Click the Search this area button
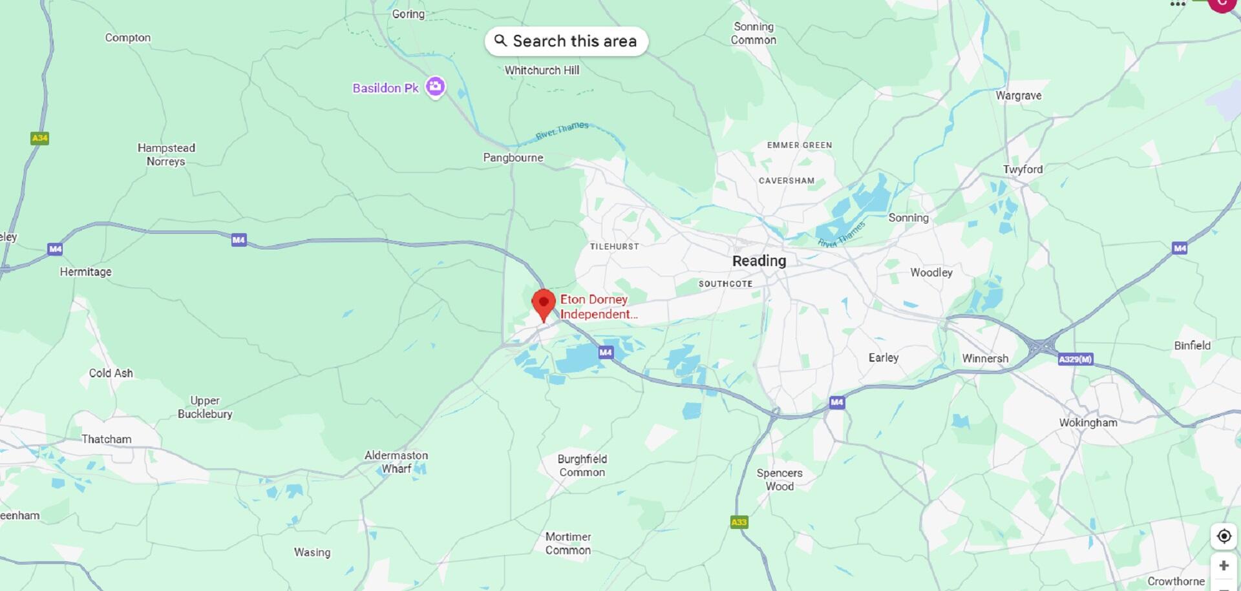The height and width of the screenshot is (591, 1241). pos(566,41)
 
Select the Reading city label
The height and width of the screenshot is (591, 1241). pos(759,261)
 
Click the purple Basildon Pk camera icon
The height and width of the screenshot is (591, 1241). pos(436,87)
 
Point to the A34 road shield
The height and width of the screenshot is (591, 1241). pos(39,138)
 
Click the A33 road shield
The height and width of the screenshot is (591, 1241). pos(739,522)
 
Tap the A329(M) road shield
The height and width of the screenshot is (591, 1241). pos(1076,359)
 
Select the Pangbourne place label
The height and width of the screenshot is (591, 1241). pos(513,158)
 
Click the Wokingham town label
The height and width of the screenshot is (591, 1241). pos(1088,422)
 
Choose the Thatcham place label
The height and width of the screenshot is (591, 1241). pos(106,439)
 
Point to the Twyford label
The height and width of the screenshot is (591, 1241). pos(1023,169)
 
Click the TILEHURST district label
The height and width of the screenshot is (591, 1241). pos(614,247)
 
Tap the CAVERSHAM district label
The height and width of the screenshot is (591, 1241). pos(786,181)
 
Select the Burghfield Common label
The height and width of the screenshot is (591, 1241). pos(582,466)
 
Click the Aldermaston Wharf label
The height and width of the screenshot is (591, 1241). pos(396,462)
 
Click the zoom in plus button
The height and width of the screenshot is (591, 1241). pos(1224,566)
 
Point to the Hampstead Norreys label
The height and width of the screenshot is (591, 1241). pos(166,154)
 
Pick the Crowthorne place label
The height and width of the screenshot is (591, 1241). pos(1176,581)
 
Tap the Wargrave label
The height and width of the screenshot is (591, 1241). pos(1018,96)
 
